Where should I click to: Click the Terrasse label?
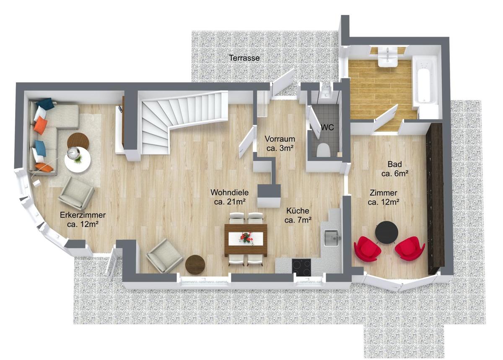pos(244,58)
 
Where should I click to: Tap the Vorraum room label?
pos(280,139)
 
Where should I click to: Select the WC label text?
pos(327,128)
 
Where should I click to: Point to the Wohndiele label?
pos(229,193)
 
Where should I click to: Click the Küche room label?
pos(298,211)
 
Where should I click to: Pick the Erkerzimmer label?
pos(83,215)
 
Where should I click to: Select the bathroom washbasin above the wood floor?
pos(388,57)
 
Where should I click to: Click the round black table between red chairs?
pos(386,232)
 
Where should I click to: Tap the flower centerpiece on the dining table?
pos(246,238)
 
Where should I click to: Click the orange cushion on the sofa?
pos(40,125)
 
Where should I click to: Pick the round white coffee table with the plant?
pos(78,160)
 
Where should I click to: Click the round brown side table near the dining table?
pos(195,265)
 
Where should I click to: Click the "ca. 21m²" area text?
pos(229,202)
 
